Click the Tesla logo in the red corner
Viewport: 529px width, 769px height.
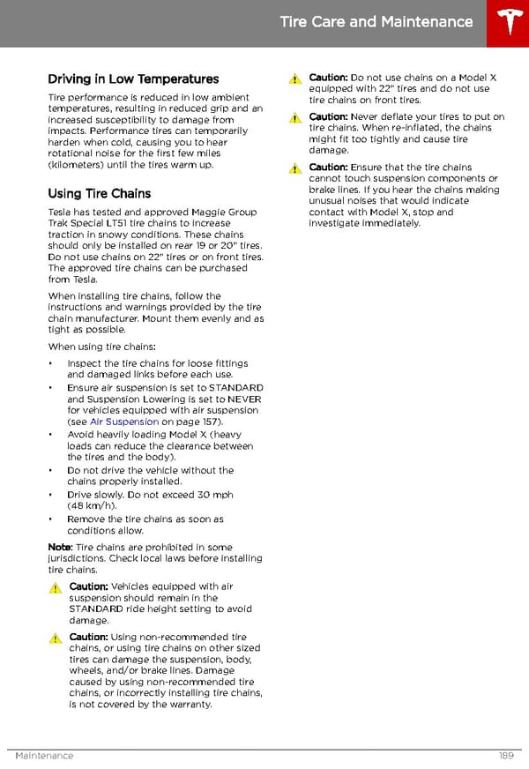click(x=508, y=23)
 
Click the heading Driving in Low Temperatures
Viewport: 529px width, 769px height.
click(x=133, y=79)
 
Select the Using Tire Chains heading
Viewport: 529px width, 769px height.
click(x=99, y=193)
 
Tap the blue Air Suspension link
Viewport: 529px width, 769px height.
click(x=124, y=422)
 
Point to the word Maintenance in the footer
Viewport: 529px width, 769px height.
click(x=44, y=756)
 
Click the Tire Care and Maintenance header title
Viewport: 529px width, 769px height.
click(x=376, y=22)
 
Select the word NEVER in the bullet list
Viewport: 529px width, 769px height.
click(x=245, y=399)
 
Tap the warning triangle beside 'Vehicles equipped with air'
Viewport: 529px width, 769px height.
click(x=55, y=587)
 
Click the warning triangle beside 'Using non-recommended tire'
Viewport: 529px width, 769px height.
click(x=55, y=638)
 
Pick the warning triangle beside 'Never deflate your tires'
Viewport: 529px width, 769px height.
click(x=294, y=117)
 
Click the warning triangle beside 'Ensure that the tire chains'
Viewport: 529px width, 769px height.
click(x=294, y=168)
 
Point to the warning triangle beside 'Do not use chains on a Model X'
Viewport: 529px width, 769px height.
click(x=294, y=78)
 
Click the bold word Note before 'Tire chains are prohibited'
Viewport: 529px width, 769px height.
click(x=59, y=547)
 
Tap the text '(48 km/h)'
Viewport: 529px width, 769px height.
click(x=91, y=506)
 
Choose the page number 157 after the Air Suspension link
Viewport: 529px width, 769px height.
click(x=208, y=422)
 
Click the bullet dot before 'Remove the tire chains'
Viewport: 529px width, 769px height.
click(x=51, y=519)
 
